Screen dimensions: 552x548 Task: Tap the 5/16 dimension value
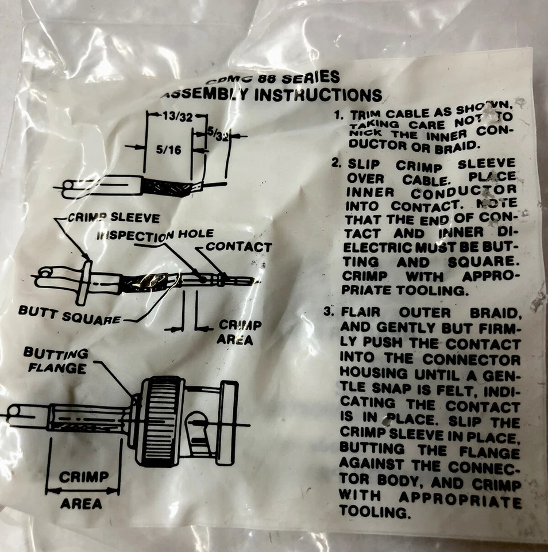point(167,149)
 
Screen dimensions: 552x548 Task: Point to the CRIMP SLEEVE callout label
point(114,218)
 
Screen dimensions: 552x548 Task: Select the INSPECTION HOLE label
point(155,235)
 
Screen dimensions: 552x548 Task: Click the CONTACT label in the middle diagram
point(238,247)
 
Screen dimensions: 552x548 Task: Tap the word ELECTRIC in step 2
point(379,248)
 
